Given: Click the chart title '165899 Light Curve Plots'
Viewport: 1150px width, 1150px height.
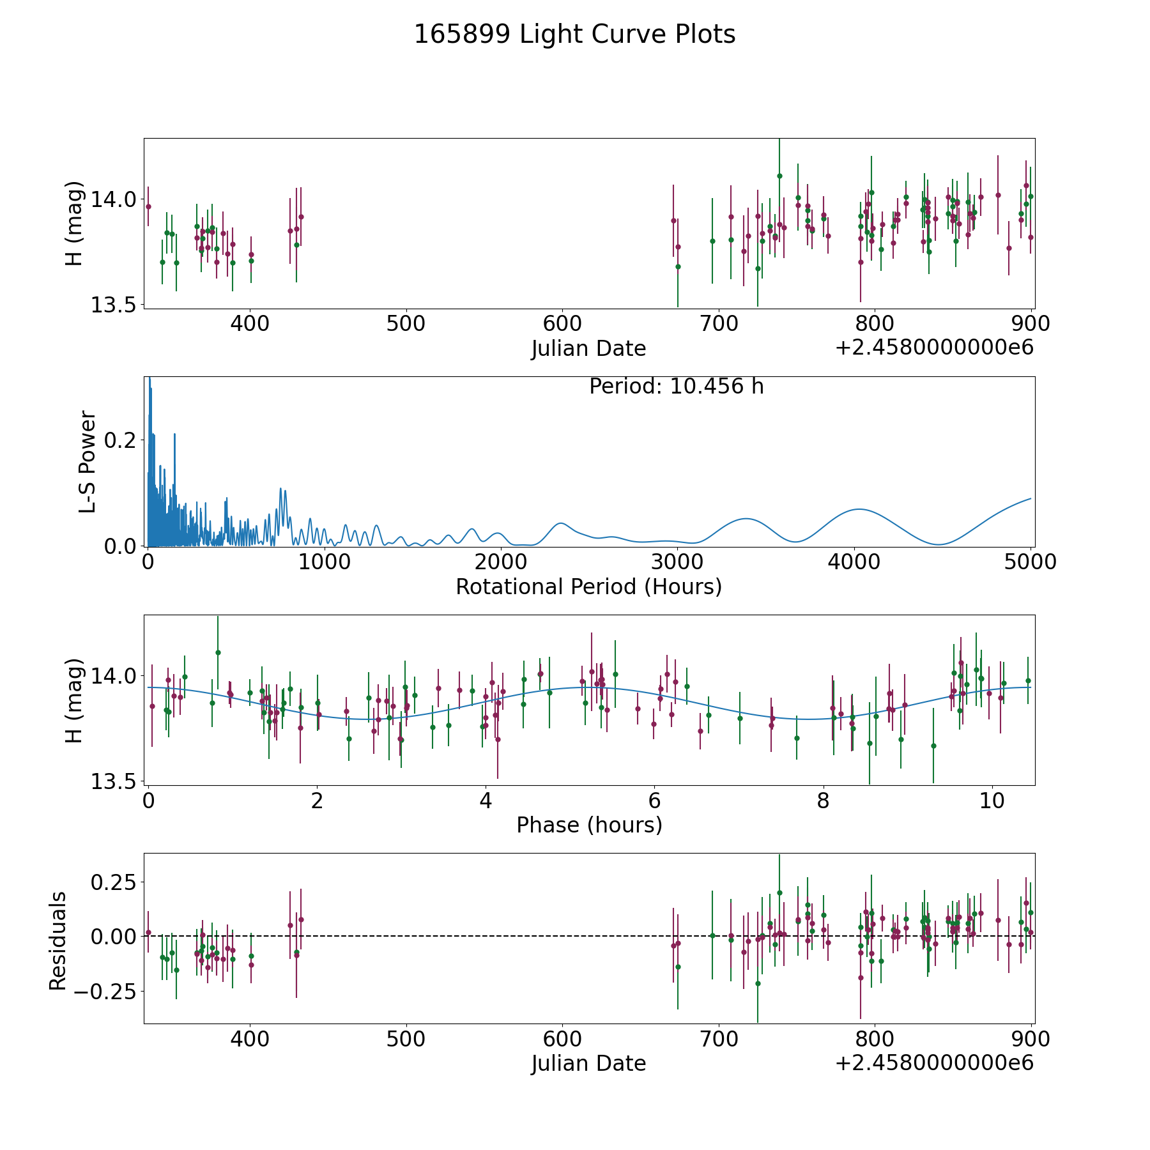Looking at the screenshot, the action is pos(574,34).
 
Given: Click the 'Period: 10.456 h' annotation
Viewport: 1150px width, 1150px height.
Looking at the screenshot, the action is pos(677,387).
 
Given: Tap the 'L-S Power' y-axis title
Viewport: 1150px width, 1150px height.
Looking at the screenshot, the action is pos(88,461).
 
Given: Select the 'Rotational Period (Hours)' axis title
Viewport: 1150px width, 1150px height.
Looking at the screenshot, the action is pos(588,586).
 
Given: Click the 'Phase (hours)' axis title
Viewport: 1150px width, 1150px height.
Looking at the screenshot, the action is pos(589,825).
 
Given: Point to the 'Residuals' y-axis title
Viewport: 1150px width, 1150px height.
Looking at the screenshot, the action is pos(58,940).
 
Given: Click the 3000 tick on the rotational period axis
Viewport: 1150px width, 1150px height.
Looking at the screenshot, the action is pos(677,562).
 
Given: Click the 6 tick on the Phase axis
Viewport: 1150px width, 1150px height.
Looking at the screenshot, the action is pos(654,801).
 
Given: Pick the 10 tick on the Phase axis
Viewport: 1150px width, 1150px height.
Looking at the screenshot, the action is pos(992,801).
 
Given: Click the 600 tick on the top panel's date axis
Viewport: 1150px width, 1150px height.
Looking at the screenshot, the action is pos(562,323).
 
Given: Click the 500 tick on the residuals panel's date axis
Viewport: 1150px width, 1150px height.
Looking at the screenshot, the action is pos(406,1039).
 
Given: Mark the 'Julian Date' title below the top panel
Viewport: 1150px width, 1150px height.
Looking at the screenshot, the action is pos(588,349).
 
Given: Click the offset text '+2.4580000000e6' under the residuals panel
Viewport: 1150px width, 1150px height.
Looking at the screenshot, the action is pos(934,1062).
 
